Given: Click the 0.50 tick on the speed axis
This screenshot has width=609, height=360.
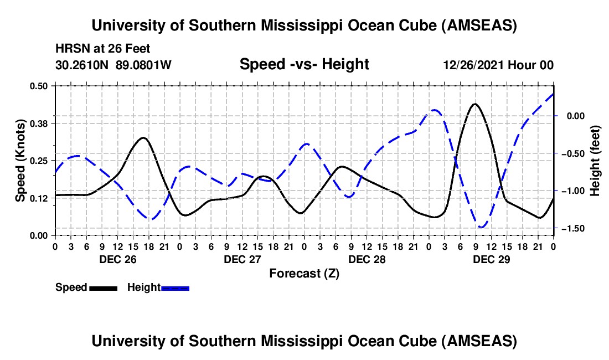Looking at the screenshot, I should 41,86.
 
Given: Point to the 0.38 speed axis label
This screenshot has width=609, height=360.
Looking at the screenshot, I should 41,123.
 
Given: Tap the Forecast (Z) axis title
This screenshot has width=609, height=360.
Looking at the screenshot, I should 304,273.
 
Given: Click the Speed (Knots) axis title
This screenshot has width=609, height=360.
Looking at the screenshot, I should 20,161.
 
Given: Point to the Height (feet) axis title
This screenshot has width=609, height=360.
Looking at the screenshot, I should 595,161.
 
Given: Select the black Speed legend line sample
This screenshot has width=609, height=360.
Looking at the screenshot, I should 103,287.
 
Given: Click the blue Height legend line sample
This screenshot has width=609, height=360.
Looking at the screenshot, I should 176,287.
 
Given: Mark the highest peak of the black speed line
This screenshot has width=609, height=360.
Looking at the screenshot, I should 475,104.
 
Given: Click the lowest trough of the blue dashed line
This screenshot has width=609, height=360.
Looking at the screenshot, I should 482,227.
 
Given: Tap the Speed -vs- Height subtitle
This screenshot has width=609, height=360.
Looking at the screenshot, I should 304,65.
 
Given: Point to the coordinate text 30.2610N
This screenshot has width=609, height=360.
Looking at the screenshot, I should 84,65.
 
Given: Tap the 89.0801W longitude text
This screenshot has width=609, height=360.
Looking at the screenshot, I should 144,65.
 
